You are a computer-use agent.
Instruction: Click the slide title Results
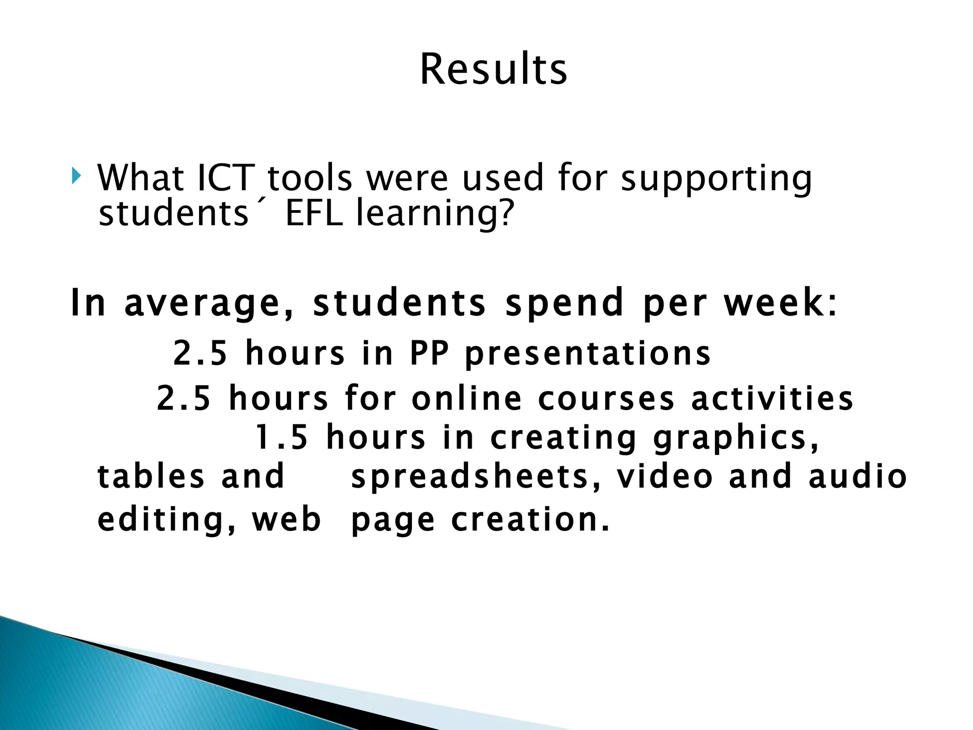tap(493, 70)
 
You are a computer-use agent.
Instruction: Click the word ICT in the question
tap(226, 178)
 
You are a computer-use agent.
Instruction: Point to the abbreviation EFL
tap(314, 213)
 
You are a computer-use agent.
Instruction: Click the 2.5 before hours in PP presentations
tap(200, 353)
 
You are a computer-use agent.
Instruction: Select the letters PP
tap(429, 353)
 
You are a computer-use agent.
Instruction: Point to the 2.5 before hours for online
tap(183, 398)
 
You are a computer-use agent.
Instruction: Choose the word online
tap(467, 398)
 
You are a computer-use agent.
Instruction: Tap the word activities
tap(773, 398)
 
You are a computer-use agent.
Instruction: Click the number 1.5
tap(282, 438)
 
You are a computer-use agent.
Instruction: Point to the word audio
tap(858, 477)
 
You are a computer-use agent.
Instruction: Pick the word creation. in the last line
tap(530, 519)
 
